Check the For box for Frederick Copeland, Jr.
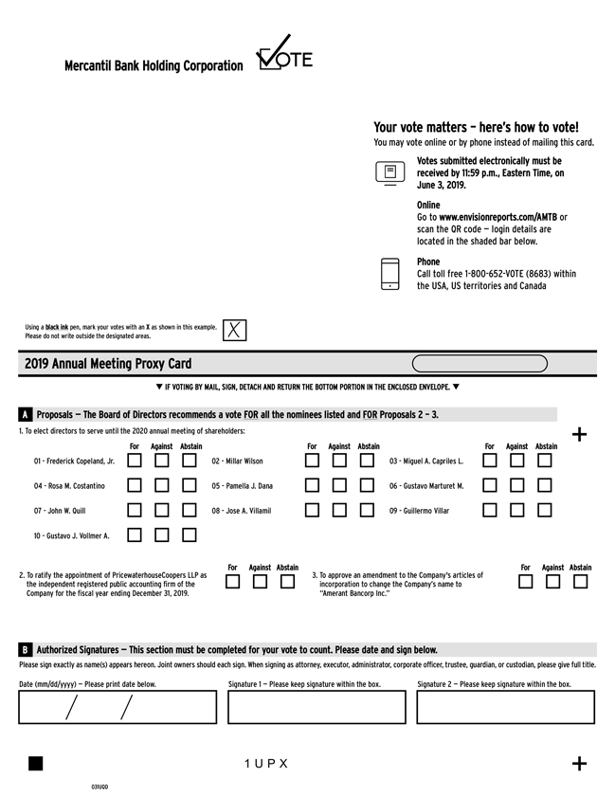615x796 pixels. [135, 461]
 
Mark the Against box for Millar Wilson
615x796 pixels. [339, 461]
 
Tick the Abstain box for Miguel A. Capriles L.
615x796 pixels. [545, 461]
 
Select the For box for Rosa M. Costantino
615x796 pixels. [135, 485]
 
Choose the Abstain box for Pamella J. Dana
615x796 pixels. [367, 485]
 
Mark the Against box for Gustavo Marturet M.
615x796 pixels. [517, 485]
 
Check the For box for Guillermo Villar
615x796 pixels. [490, 510]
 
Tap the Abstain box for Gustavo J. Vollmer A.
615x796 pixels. [190, 534]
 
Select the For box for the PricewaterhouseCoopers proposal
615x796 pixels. [233, 582]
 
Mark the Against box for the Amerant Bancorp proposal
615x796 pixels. [553, 582]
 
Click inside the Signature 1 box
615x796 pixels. [317, 707]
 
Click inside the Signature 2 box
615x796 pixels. [505, 707]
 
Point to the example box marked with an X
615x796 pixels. [235, 330]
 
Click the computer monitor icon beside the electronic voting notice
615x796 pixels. [390, 172]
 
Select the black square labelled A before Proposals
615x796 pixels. [25, 414]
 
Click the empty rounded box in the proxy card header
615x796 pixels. [479, 363]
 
